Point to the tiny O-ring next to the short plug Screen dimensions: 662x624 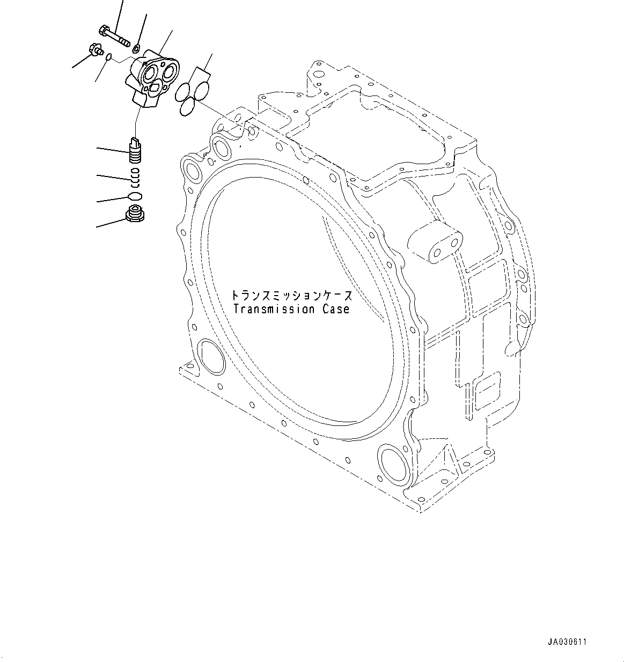coord(109,56)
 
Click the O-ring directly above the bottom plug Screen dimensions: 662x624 coord(135,195)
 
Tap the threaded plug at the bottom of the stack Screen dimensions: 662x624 coord(135,214)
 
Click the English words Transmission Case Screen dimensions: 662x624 coord(291,309)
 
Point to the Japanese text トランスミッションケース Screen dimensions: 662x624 coord(292,296)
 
